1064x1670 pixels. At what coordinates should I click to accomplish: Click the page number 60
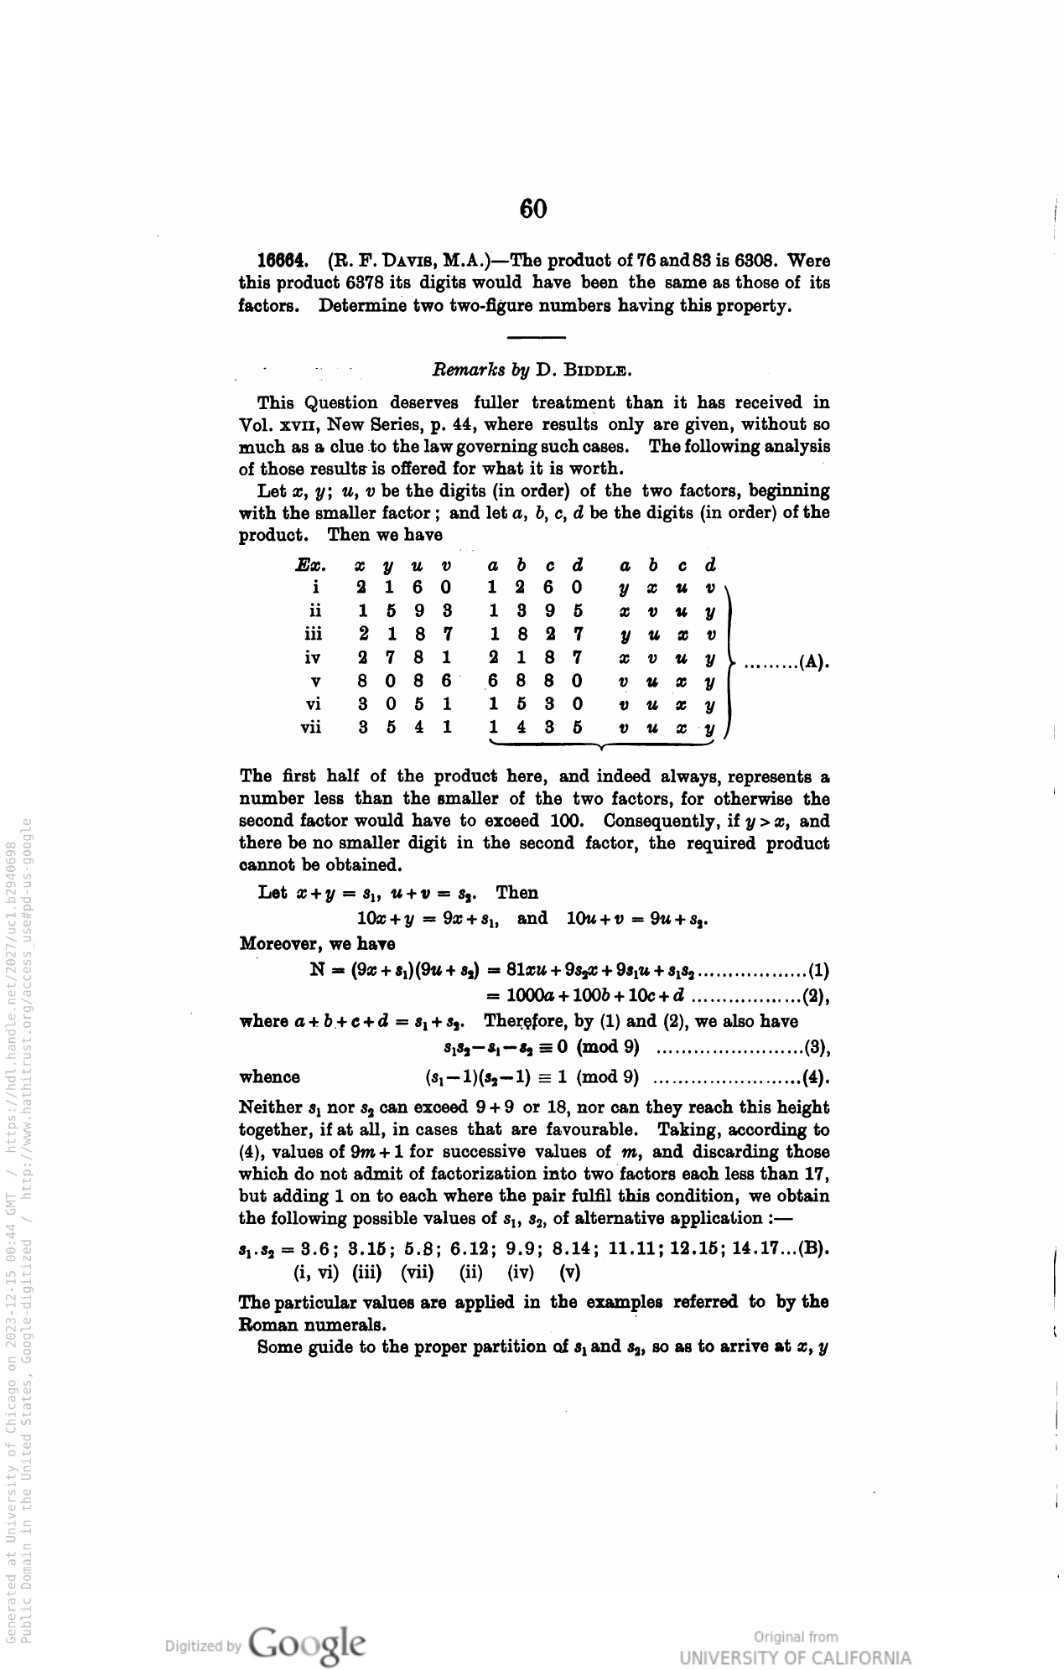[x=532, y=209]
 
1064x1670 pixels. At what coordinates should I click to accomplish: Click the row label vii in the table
[x=310, y=728]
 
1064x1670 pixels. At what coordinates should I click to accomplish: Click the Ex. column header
[x=310, y=565]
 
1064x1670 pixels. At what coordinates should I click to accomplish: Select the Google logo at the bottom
[x=307, y=1645]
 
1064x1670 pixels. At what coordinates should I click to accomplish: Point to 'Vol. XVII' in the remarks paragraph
[x=278, y=425]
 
